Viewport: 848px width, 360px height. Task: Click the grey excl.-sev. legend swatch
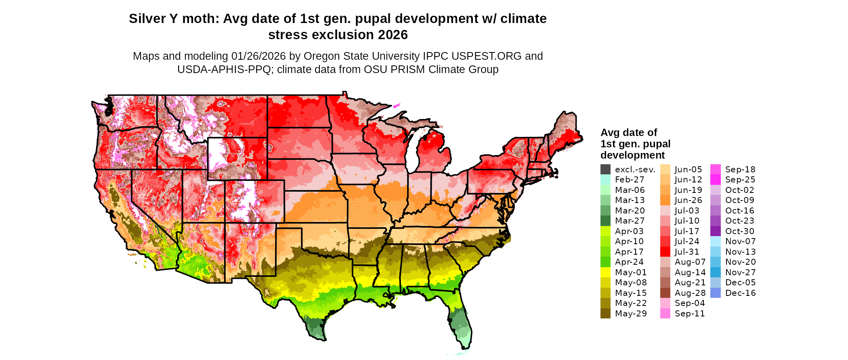click(x=605, y=170)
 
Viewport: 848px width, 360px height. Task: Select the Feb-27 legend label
click(x=630, y=180)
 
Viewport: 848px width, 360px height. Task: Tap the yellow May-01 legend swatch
click(x=605, y=272)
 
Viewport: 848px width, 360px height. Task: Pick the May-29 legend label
click(x=631, y=314)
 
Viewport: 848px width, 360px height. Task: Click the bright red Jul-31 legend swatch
click(x=665, y=252)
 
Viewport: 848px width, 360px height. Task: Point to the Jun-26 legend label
click(x=688, y=200)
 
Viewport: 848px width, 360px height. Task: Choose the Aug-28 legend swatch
click(x=665, y=293)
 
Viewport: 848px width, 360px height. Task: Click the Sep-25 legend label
click(x=740, y=180)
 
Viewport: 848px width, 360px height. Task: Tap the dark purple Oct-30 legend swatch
click(x=715, y=231)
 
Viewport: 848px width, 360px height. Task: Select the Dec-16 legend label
click(x=740, y=293)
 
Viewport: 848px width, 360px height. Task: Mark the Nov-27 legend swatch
click(x=715, y=272)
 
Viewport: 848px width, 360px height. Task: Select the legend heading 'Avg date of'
click(x=629, y=132)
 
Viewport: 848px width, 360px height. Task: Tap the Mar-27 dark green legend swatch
click(x=605, y=221)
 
